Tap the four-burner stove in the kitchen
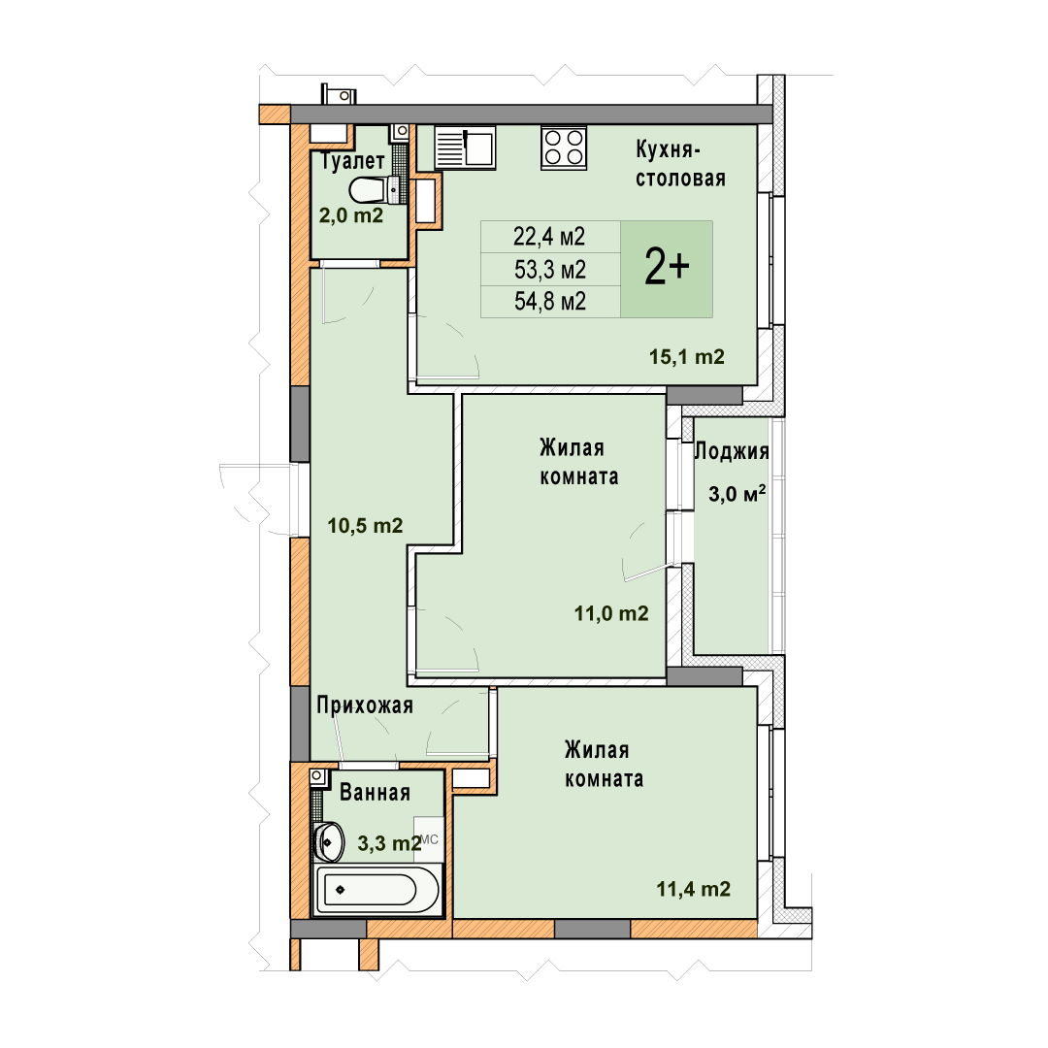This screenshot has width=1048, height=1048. (564, 147)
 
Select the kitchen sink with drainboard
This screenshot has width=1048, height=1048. (465, 147)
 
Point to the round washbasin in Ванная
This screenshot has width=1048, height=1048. (329, 841)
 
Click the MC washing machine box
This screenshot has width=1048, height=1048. (429, 839)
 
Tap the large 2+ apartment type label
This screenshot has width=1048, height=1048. (667, 268)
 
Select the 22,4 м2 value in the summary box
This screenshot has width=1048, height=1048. (548, 236)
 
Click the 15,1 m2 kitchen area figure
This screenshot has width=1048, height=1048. (686, 357)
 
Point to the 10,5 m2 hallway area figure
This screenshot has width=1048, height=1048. (365, 526)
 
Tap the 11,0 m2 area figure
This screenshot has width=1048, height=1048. (611, 613)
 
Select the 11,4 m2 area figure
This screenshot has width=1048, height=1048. (693, 890)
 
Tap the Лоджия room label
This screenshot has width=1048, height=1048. (732, 452)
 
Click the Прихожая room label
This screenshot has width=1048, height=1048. (365, 705)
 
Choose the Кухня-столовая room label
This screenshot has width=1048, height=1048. (680, 164)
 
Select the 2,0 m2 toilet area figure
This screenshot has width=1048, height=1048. (351, 215)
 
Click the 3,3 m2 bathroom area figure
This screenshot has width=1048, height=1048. (390, 843)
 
